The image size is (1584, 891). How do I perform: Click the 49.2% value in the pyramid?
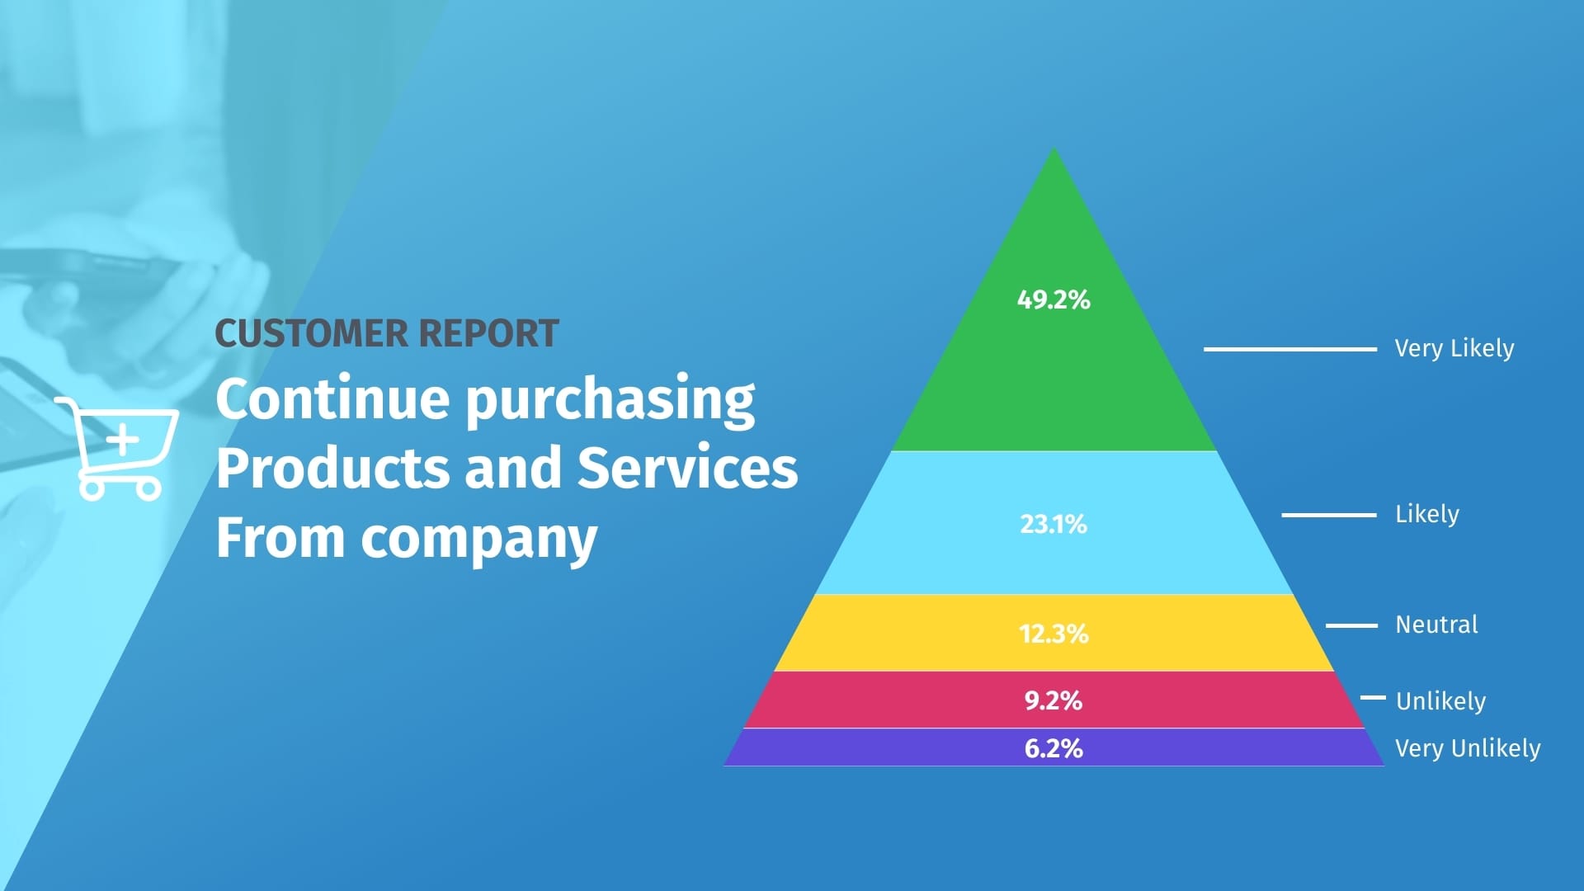1054,299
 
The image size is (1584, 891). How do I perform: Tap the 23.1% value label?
1054,524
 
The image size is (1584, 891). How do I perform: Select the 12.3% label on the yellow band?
1054,634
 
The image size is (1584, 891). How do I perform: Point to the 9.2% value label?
1054,700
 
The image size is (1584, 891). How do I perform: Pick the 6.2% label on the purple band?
1054,748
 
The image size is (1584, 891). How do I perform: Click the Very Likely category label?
1454,348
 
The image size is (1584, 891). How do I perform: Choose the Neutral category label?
1436,625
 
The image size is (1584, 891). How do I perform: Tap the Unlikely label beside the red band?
1440,701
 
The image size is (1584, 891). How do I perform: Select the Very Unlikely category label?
1468,748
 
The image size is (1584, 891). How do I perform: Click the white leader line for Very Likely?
1289,349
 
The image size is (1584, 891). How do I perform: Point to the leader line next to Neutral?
1351,625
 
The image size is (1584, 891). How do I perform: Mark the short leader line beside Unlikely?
1373,697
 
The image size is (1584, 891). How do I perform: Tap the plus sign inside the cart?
123,440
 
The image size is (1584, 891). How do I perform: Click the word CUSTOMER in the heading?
311,333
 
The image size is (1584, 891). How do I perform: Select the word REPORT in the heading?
488,333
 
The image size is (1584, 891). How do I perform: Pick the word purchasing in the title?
610,400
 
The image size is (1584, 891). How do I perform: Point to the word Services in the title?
687,468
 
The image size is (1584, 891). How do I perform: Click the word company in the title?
478,539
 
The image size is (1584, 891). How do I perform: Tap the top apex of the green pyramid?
1054,152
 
